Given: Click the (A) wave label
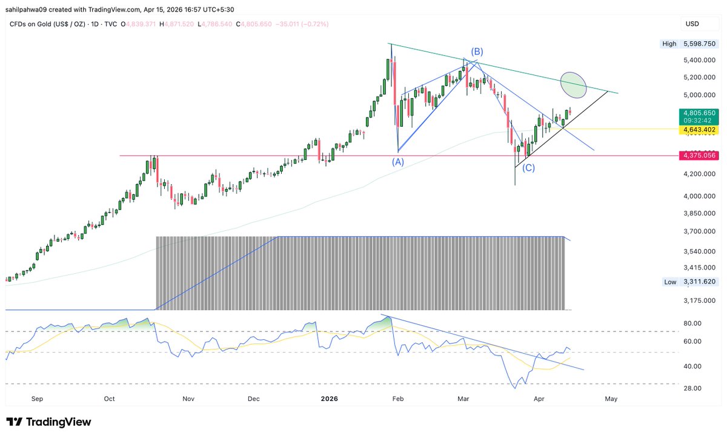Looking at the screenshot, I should pos(397,162).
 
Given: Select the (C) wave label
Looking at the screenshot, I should pos(528,168).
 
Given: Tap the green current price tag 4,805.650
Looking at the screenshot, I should pos(699,113).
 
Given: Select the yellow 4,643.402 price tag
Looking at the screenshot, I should pos(699,130).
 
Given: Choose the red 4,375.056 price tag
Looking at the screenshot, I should pos(699,156).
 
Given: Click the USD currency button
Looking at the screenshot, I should pos(692,24).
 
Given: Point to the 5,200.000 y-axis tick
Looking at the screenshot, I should pos(700,78).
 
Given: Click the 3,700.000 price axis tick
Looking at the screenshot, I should pos(700,231).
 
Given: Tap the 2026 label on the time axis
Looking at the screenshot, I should pos(330,399).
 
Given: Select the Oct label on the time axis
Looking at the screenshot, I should pos(109,399).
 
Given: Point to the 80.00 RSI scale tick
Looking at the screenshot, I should pos(692,324).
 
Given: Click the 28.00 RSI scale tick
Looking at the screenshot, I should pos(692,388).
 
